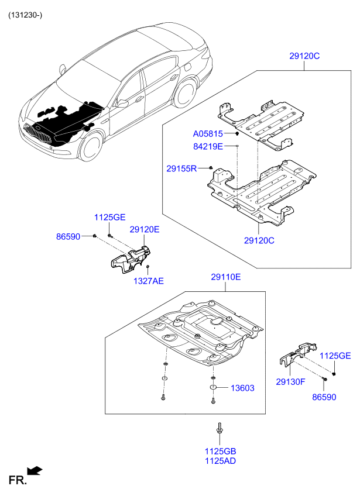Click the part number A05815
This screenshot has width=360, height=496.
click(x=208, y=134)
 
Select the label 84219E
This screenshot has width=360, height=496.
click(x=208, y=146)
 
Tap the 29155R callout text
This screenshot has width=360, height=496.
click(x=181, y=168)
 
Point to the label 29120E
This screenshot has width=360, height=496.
click(x=145, y=229)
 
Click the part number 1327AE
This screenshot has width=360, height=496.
click(x=149, y=281)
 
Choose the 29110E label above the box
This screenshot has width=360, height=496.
click(x=226, y=277)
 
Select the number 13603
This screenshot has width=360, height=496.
click(x=242, y=388)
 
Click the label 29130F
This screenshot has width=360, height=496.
click(x=290, y=382)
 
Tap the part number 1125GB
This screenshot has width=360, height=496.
click(x=220, y=452)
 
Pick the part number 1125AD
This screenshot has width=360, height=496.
click(x=220, y=461)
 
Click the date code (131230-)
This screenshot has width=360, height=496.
click(x=25, y=15)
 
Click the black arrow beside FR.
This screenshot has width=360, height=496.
click(x=35, y=471)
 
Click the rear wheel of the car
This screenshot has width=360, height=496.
click(x=184, y=94)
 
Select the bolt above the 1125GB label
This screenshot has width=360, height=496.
click(x=219, y=428)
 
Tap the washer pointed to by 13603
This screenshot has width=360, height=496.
click(x=214, y=387)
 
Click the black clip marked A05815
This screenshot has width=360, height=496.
click(x=237, y=134)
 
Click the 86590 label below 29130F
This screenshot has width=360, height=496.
click(x=324, y=397)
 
